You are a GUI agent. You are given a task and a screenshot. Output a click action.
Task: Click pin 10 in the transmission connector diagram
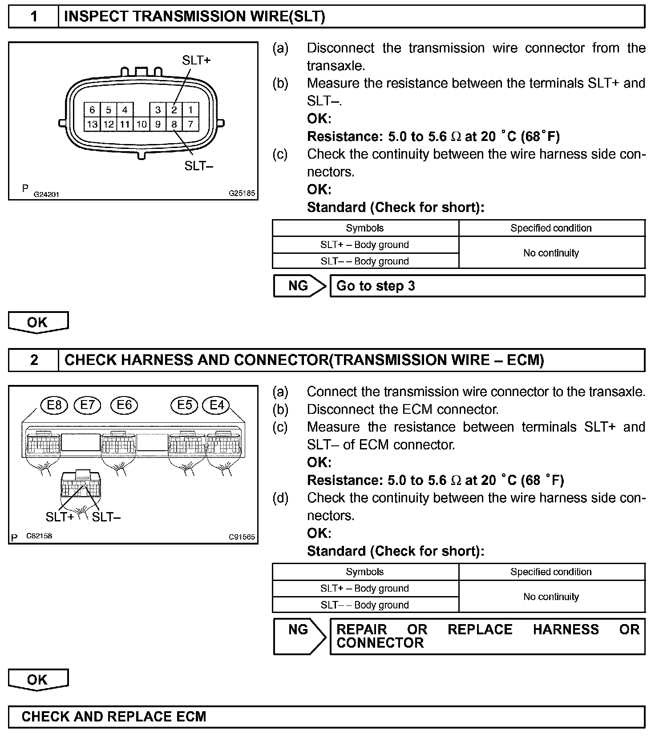click(x=142, y=124)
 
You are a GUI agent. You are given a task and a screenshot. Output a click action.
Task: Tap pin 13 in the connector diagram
click(x=92, y=124)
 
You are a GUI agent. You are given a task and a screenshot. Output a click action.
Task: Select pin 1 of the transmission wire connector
click(x=190, y=110)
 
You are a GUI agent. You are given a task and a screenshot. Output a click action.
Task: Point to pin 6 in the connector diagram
click(x=92, y=110)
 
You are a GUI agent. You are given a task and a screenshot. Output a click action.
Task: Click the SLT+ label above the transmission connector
click(x=196, y=60)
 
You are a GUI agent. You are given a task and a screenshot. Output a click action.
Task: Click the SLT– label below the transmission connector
click(x=199, y=166)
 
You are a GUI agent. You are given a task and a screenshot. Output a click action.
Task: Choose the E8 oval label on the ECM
click(x=54, y=405)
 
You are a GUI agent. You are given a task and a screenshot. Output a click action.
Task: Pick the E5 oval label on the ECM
click(x=185, y=405)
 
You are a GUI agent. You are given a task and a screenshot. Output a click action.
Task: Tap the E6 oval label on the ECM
click(x=125, y=405)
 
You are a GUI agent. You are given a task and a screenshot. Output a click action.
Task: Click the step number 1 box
click(x=34, y=17)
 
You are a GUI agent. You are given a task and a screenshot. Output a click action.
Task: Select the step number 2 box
click(x=34, y=360)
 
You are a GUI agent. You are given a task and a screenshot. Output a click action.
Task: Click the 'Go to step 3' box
click(x=487, y=286)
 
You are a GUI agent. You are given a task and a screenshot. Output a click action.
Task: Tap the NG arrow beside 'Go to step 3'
click(x=299, y=286)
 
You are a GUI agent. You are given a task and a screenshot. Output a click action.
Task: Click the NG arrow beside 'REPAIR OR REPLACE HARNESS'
click(x=299, y=636)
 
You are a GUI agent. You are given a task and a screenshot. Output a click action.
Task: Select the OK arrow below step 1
click(x=38, y=322)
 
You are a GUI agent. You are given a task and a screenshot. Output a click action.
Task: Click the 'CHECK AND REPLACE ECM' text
click(x=114, y=717)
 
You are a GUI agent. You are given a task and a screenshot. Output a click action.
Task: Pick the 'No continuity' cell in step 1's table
click(x=551, y=253)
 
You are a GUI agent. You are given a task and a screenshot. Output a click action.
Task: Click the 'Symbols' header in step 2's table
click(x=364, y=572)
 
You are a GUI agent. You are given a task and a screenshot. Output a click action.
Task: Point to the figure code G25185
click(x=242, y=193)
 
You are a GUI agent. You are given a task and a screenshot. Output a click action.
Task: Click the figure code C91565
click(x=242, y=537)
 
